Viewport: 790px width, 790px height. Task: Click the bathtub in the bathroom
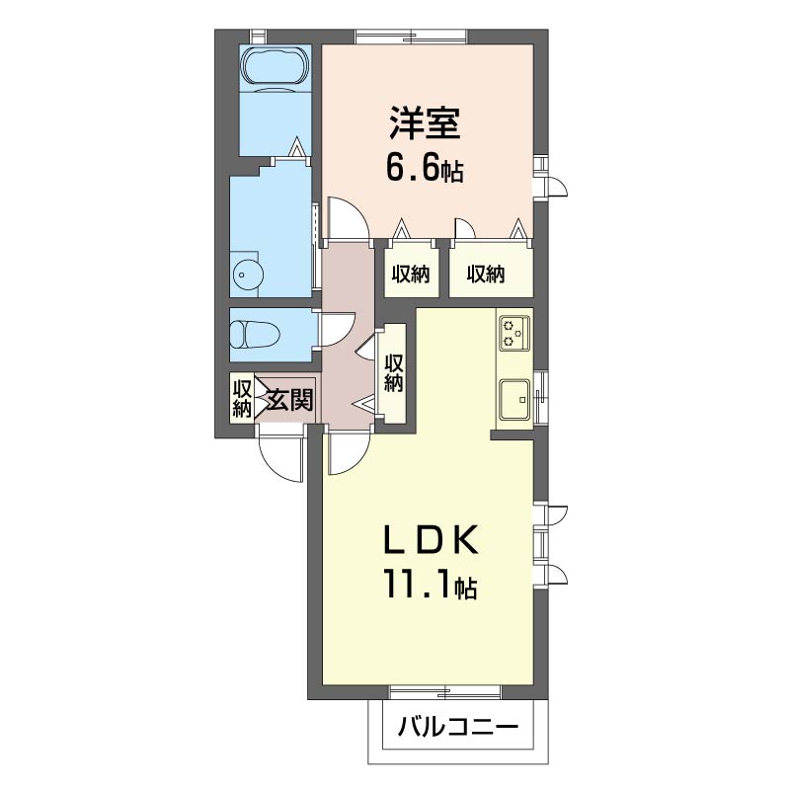tap(275, 69)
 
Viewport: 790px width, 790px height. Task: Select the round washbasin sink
tap(249, 275)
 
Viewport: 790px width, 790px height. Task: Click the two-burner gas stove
tap(514, 333)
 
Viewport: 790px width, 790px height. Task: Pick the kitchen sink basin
tap(514, 399)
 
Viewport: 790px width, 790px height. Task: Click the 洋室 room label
tap(425, 122)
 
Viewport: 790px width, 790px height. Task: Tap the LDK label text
tap(431, 539)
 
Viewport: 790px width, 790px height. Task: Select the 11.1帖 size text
tap(431, 584)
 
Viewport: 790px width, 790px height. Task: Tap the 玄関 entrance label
tap(289, 400)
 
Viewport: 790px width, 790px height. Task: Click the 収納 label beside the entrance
tap(241, 399)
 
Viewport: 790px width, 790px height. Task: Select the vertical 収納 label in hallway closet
tap(393, 373)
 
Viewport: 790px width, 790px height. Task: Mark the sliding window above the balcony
tap(445, 339)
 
